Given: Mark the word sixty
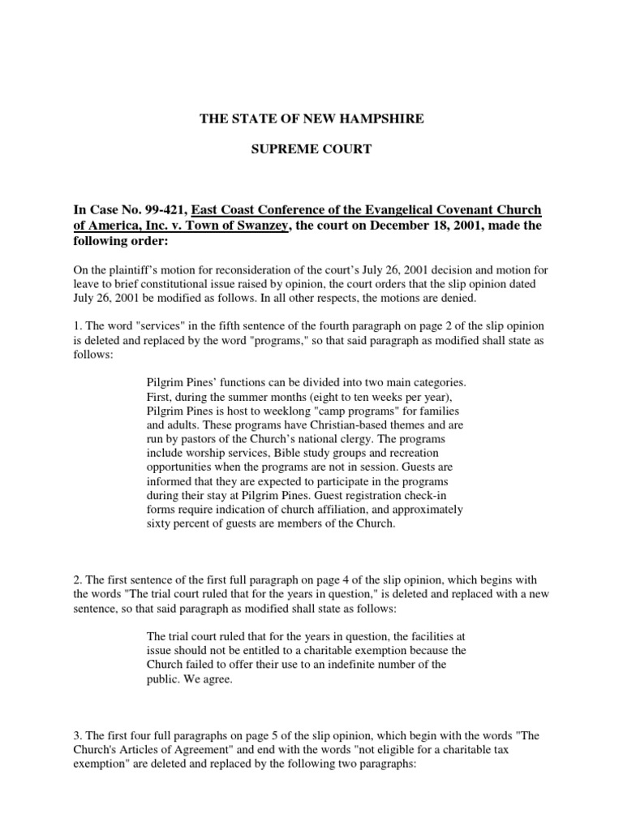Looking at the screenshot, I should [158, 524].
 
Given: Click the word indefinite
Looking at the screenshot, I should [376, 665].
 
